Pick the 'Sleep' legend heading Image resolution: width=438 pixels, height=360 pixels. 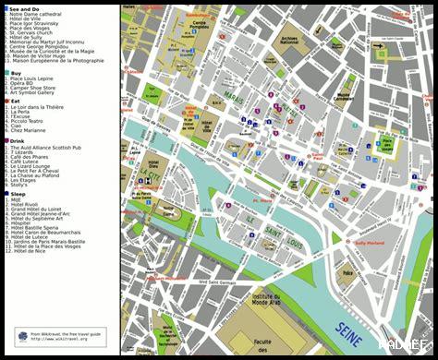point(18,195)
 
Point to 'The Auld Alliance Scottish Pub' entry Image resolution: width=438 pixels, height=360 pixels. point(54,148)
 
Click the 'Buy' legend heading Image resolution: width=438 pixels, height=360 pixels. point(17,72)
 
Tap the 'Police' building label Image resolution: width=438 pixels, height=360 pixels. point(347,273)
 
